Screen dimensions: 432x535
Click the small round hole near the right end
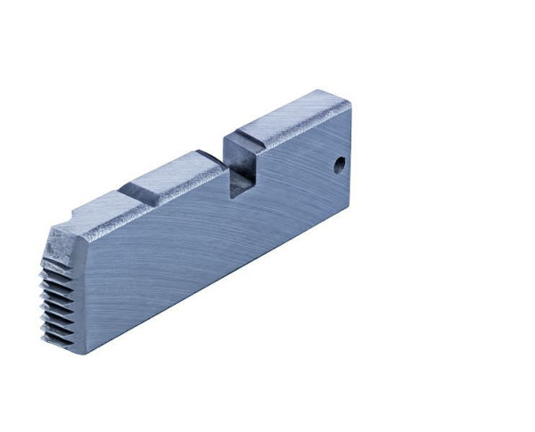point(340,165)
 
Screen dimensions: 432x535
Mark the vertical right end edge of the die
point(350,156)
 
